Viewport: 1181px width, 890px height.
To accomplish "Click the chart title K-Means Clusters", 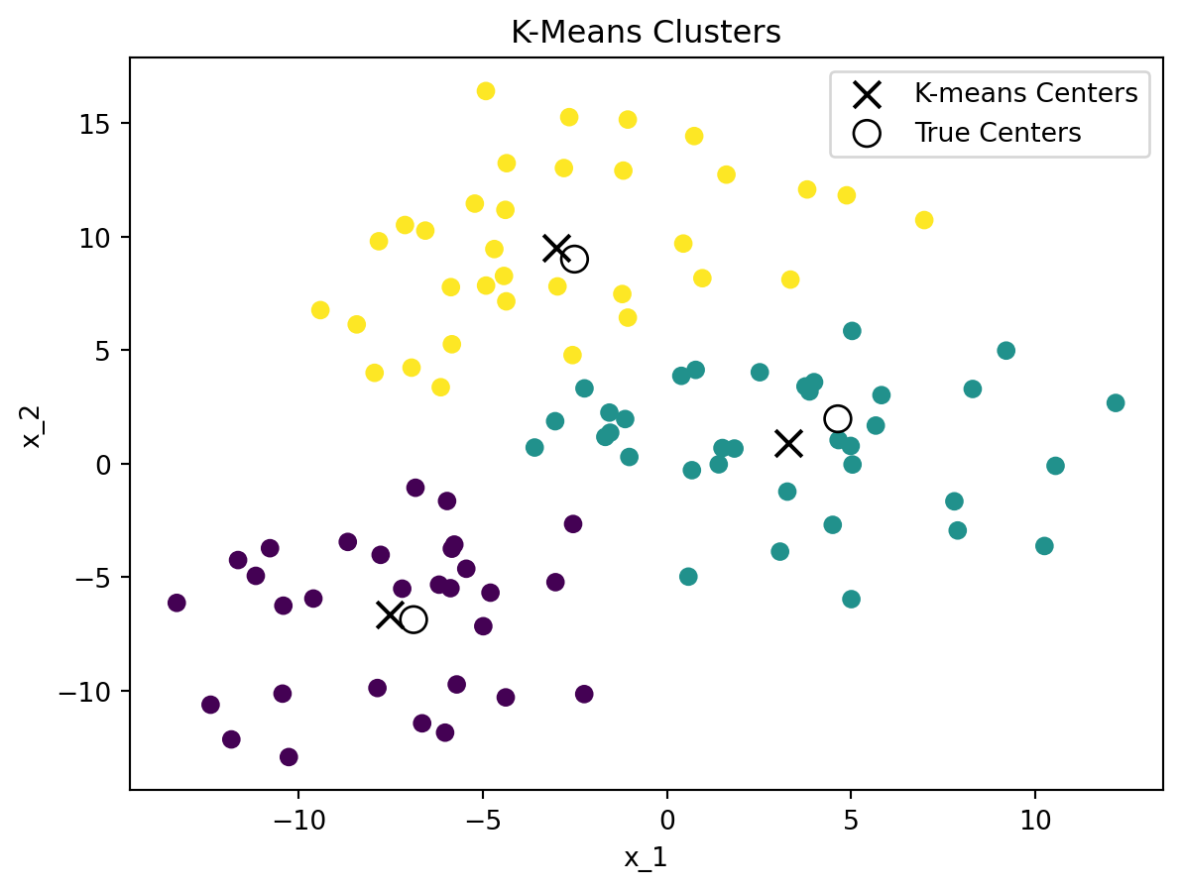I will coord(646,33).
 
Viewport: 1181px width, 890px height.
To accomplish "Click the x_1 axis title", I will coord(646,857).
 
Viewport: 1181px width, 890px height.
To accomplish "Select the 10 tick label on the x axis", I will coord(1034,822).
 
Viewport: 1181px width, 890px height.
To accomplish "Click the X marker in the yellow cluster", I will coord(557,248).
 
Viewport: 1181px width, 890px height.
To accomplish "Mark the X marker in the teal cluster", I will coord(788,443).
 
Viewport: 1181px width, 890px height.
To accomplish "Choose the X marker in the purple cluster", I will coord(390,614).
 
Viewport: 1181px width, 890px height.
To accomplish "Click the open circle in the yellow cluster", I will coord(574,259).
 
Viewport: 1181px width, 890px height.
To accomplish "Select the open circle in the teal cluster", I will coord(838,418).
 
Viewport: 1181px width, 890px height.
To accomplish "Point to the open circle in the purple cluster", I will coord(413,619).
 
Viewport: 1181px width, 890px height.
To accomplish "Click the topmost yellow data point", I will coord(486,91).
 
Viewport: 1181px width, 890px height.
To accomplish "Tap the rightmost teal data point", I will coord(1116,402).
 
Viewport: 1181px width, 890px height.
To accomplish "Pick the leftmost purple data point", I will coord(177,603).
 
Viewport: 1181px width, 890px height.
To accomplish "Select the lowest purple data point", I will coord(289,757).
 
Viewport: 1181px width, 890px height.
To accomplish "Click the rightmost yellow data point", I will coord(924,220).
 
